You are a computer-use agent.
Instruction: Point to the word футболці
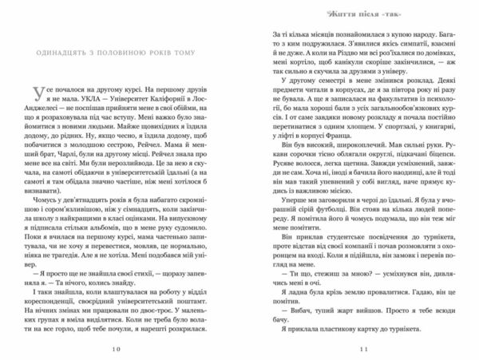tap(286, 224)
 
